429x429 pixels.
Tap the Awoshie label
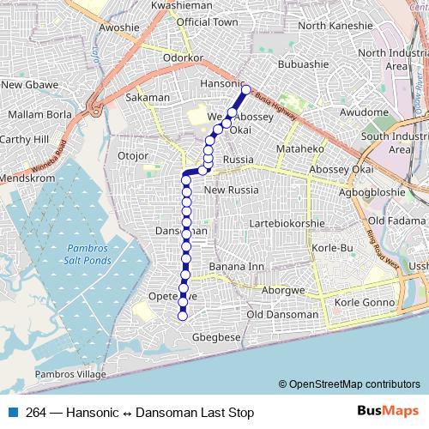(118, 27)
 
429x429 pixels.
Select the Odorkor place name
(183, 57)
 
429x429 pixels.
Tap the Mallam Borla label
(39, 113)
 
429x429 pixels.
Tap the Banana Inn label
(237, 267)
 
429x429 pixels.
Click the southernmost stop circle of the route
(182, 317)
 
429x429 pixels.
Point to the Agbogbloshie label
(372, 192)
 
